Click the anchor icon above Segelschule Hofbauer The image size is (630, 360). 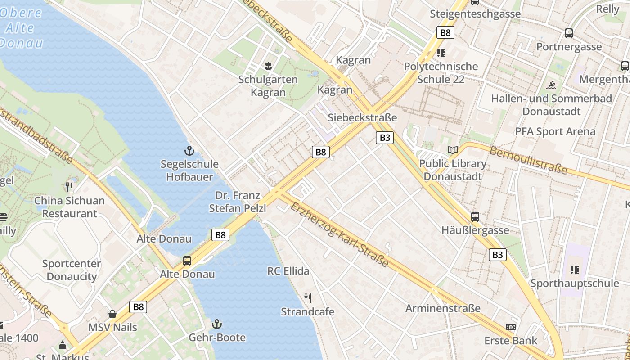tap(189, 151)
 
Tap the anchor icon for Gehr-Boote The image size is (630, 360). tap(217, 324)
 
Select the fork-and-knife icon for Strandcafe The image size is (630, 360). tap(308, 298)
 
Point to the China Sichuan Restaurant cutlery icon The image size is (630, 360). tap(69, 187)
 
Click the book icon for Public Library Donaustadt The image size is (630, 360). tap(452, 150)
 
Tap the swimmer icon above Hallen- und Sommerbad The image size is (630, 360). tap(551, 85)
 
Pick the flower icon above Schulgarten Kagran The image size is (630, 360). tap(268, 66)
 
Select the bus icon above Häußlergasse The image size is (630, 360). tap(475, 217)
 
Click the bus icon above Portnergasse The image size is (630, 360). tap(569, 33)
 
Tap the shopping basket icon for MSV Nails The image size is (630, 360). tap(112, 314)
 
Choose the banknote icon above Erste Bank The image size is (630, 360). tap(510, 327)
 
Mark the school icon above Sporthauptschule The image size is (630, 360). tap(575, 270)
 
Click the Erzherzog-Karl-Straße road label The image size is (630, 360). tap(339, 234)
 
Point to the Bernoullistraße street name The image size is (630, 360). tap(528, 160)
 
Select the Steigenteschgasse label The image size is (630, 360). tap(475, 14)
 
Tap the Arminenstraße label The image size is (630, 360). tap(443, 308)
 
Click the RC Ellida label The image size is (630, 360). tap(288, 271)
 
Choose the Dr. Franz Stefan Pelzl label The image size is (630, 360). tap(238, 202)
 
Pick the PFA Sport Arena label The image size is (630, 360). tap(555, 131)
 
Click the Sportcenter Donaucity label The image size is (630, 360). tap(72, 270)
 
